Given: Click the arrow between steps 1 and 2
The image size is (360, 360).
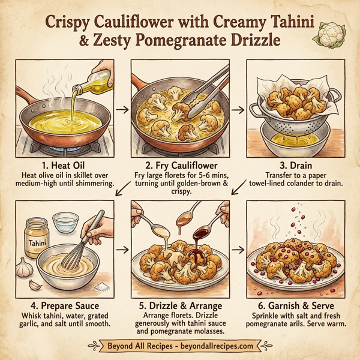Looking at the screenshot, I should click(122, 109).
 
